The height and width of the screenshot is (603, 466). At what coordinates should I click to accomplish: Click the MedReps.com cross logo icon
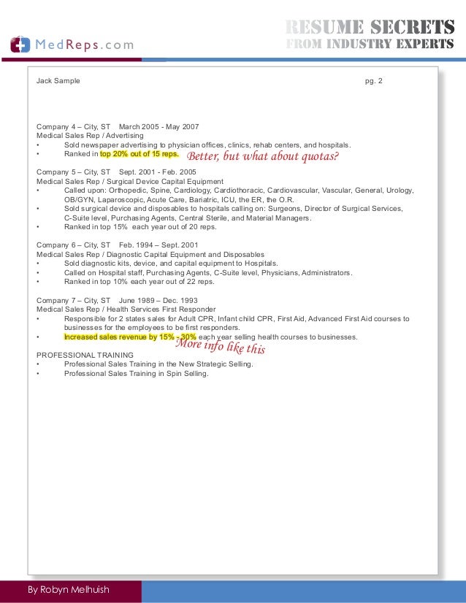pos(20,44)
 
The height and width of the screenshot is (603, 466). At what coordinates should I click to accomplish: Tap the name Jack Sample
pos(58,80)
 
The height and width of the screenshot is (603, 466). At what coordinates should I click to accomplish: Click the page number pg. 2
pos(373,80)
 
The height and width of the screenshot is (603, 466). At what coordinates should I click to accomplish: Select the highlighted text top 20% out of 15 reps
pos(139,155)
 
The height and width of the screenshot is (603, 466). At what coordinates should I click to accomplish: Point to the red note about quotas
pos(264,156)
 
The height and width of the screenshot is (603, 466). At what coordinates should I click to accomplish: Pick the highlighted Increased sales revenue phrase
pos(130,337)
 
